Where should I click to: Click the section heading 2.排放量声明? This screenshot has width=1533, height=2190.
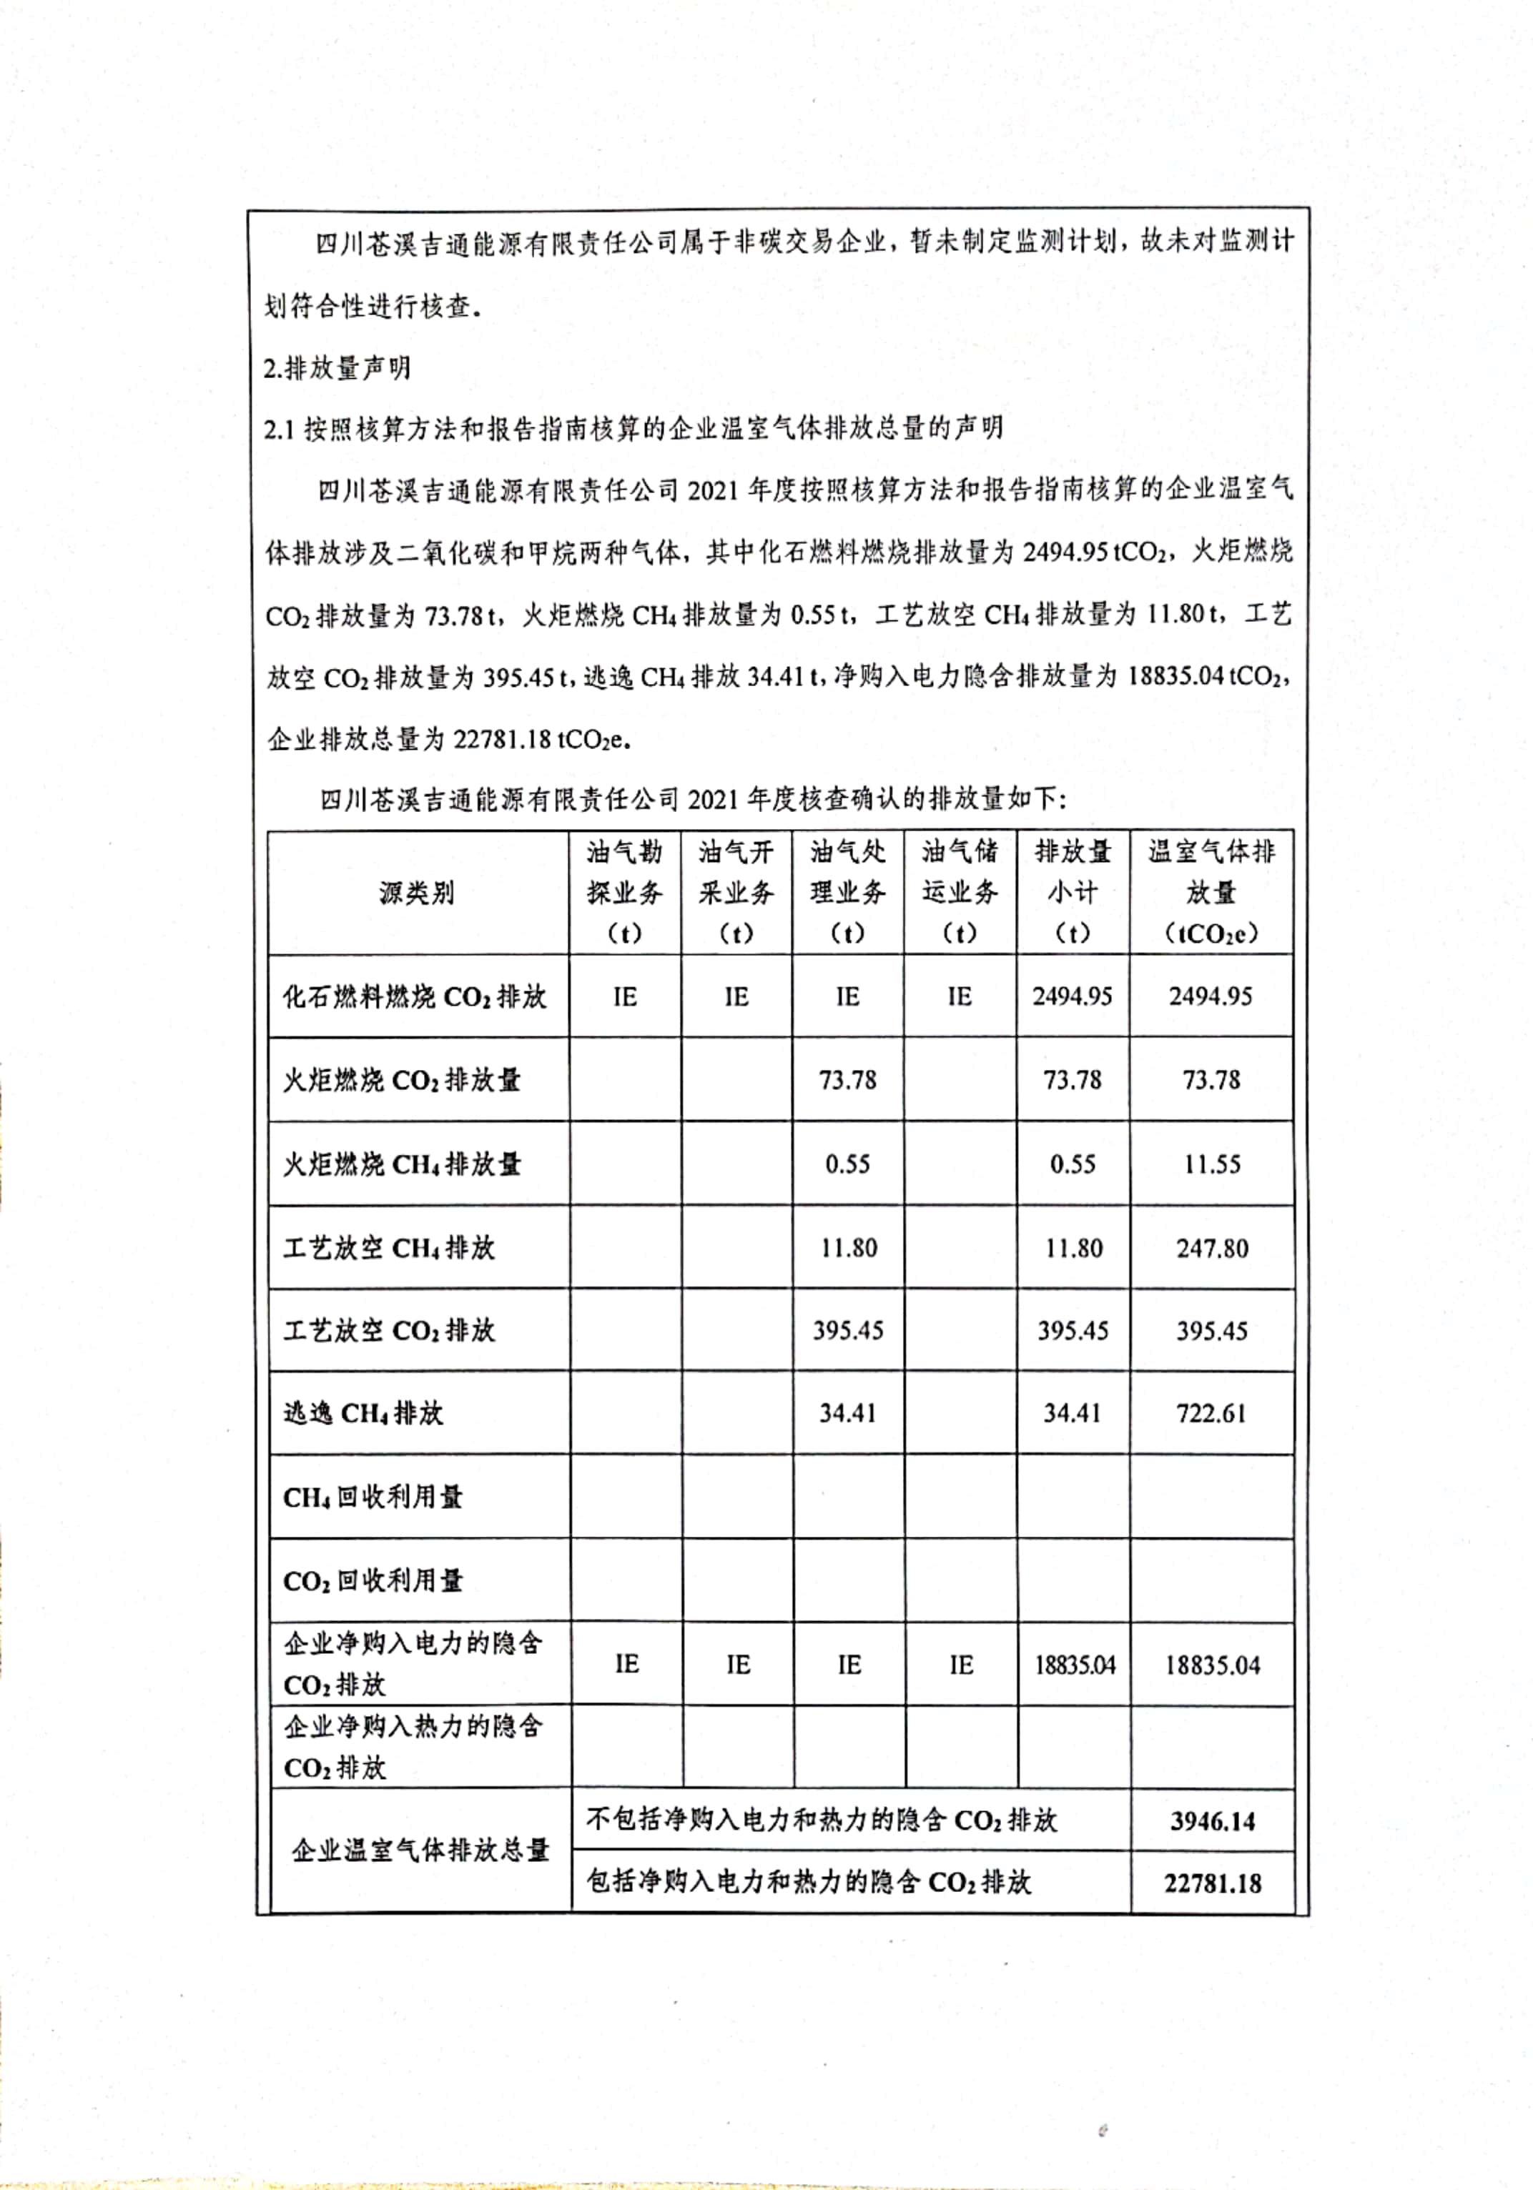pos(337,367)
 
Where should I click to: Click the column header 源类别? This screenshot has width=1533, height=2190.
pos(416,893)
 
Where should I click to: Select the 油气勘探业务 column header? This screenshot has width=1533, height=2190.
pos(624,892)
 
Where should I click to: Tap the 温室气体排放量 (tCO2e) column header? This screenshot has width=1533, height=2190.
pos(1211,892)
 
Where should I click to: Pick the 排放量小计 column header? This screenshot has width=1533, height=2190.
pos(1073,892)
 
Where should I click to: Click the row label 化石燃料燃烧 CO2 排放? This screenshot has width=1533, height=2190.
pos(414,997)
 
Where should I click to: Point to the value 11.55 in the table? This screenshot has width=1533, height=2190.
pos(1211,1164)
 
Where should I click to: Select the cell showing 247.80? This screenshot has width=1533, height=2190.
pos(1211,1248)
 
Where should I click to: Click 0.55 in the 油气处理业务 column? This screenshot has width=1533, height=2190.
pos(847,1164)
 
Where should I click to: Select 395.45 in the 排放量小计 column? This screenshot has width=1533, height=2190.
pos(1073,1331)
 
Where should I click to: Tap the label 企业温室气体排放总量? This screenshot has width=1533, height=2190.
pos(420,1850)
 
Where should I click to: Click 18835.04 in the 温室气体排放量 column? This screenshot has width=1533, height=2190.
pos(1211,1665)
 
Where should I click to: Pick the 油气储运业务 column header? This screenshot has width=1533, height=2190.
pos(959,892)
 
